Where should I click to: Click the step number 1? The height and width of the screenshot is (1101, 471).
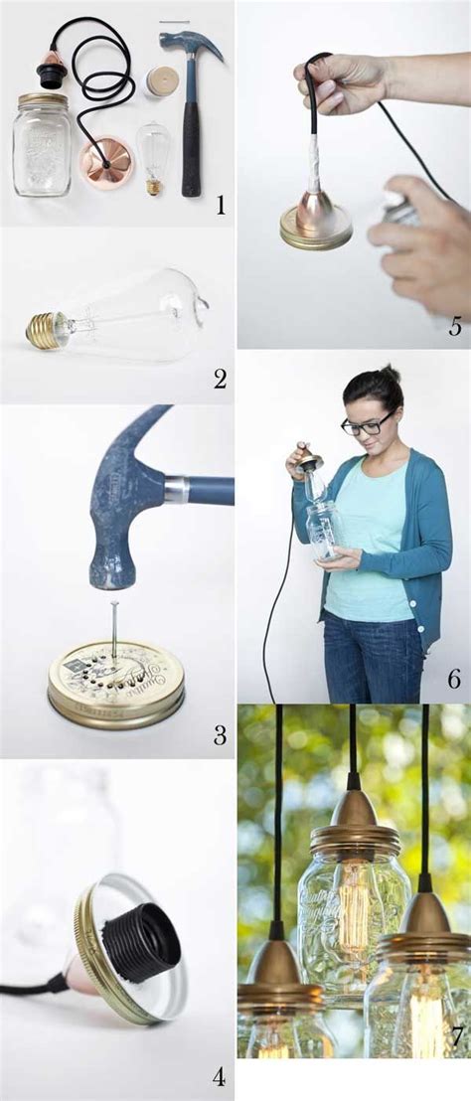(x=220, y=206)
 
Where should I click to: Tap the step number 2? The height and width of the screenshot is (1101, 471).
(x=220, y=378)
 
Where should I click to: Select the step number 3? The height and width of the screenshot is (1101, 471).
(x=220, y=735)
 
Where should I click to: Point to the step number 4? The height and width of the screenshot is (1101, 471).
(x=219, y=1076)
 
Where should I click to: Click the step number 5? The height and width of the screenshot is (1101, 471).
(x=454, y=326)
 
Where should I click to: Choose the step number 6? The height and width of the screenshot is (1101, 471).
(x=453, y=680)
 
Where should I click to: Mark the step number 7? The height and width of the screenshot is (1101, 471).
(x=456, y=1036)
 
